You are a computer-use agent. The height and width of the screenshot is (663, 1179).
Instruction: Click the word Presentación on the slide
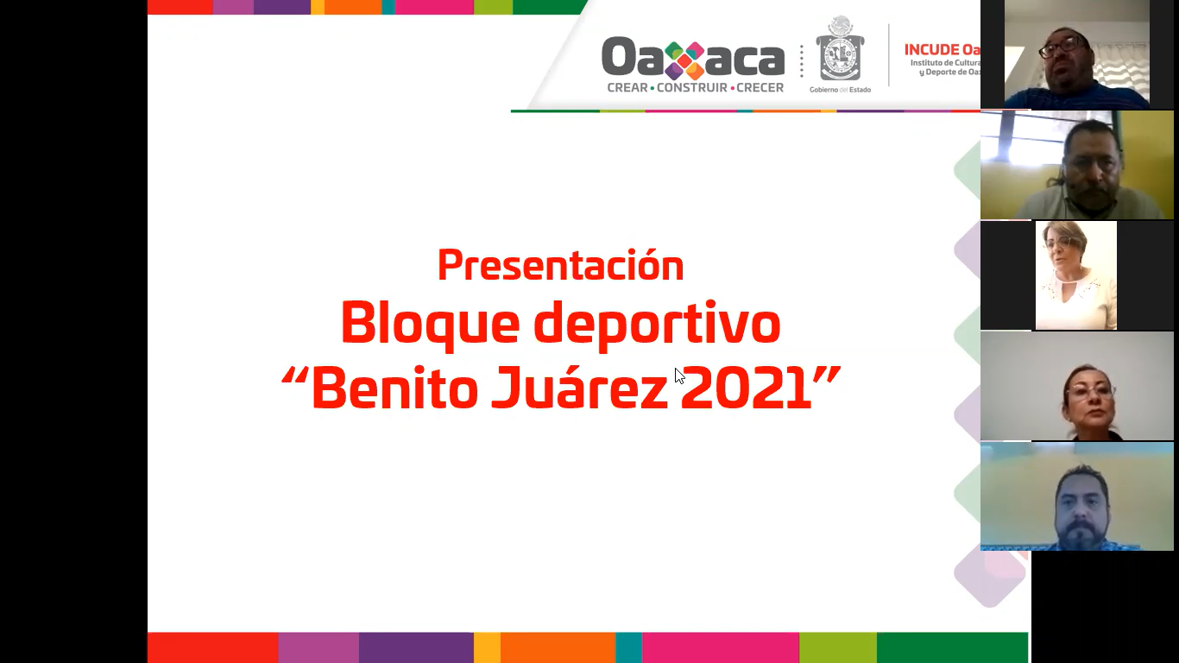click(x=560, y=265)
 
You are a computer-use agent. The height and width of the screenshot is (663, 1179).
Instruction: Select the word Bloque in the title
click(x=430, y=324)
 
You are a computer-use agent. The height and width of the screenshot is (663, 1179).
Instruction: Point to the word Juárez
click(x=579, y=390)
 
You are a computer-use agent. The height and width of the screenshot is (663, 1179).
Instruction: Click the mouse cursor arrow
click(x=679, y=376)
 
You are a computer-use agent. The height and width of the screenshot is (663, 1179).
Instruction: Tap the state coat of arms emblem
click(x=840, y=51)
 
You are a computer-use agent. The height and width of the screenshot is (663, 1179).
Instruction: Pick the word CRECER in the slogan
click(x=760, y=88)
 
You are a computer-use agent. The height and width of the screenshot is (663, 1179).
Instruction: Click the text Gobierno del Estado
click(x=840, y=90)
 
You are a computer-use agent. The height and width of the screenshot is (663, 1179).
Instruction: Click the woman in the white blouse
click(x=1075, y=276)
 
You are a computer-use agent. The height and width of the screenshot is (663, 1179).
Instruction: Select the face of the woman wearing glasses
click(x=1089, y=393)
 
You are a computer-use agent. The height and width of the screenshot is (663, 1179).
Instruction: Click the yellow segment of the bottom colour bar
click(x=487, y=647)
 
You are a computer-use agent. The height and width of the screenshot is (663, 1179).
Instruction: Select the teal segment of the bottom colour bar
click(x=628, y=647)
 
